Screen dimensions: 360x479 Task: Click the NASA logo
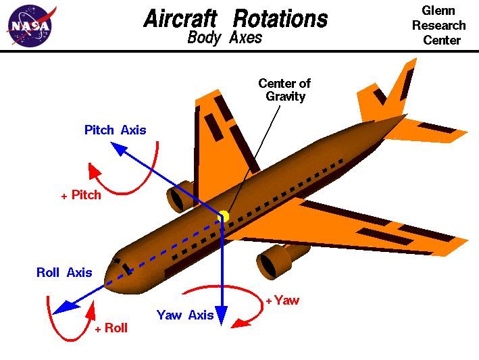[x=29, y=25]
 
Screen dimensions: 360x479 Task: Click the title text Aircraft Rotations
[x=236, y=18]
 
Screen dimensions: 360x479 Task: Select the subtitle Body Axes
[x=224, y=37]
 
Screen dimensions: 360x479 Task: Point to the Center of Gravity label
[x=284, y=90]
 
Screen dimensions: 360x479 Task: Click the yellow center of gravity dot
[x=224, y=216]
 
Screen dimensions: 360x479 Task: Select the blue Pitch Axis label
[x=115, y=130]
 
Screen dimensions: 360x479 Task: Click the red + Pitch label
[x=81, y=195]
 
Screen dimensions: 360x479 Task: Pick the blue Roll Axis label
[x=64, y=273]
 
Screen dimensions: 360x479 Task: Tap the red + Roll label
[x=111, y=329]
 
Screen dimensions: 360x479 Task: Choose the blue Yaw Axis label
[x=185, y=315]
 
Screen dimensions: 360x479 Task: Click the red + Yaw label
[x=282, y=301]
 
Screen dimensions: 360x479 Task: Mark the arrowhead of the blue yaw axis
[x=222, y=317]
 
